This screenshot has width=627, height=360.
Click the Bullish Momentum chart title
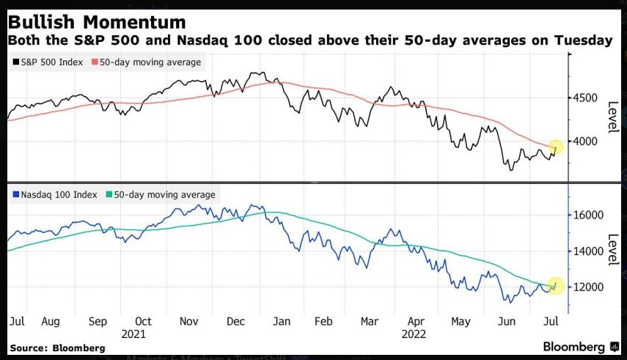click(97, 20)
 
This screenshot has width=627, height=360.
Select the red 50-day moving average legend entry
click(150, 62)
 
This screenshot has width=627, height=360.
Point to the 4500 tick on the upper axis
click(587, 98)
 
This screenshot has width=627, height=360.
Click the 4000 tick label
click(587, 141)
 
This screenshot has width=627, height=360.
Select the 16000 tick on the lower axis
click(590, 216)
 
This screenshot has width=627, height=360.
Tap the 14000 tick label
click(590, 251)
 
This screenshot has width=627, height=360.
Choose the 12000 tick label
click(590, 287)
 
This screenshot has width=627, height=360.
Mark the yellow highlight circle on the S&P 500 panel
click(556, 147)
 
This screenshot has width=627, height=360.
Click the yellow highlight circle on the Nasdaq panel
click(555, 285)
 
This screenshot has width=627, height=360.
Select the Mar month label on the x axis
click(370, 320)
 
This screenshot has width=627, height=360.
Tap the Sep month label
click(97, 320)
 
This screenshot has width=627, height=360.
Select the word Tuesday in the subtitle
click(584, 40)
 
